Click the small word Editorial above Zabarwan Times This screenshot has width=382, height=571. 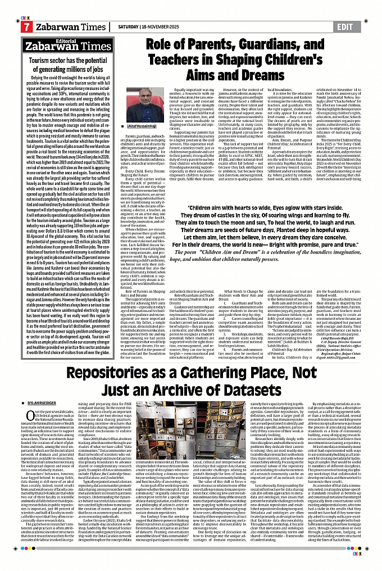[66, 40]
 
